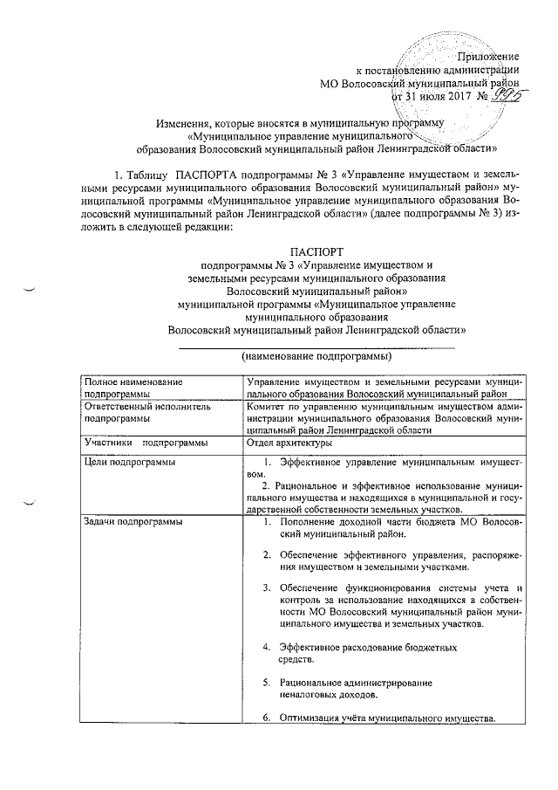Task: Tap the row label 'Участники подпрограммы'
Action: click(139, 443)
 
